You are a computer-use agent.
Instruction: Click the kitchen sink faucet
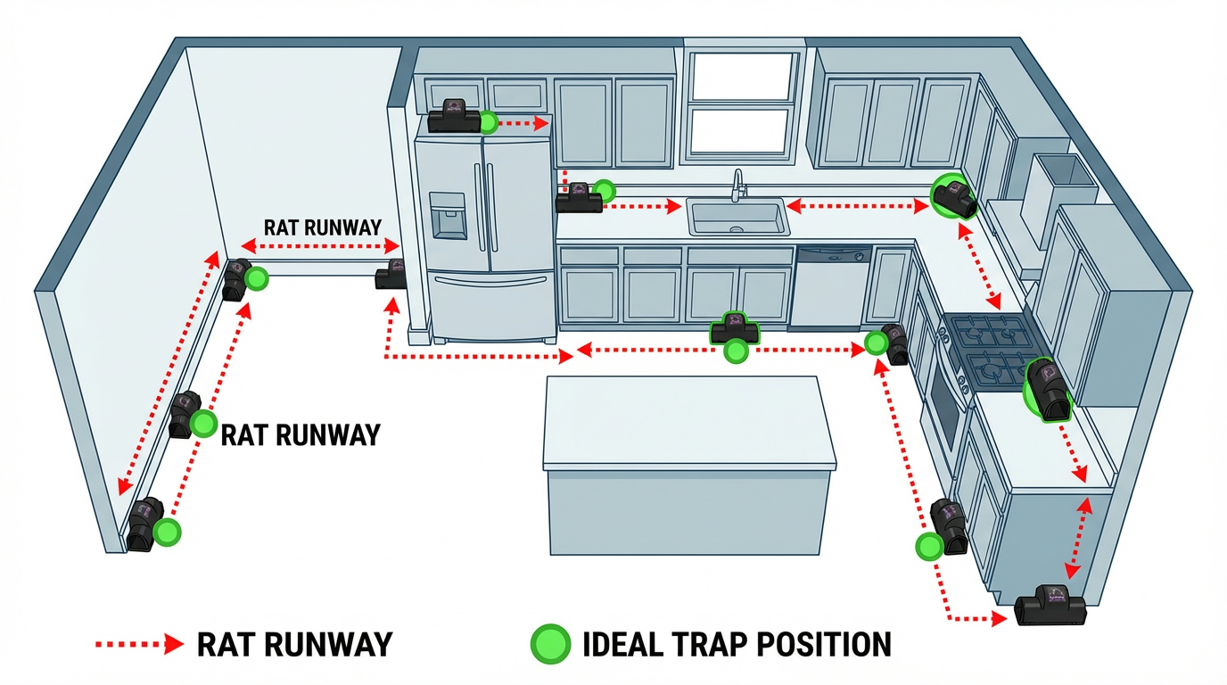coord(737,186)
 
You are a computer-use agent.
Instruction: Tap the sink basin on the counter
coord(737,217)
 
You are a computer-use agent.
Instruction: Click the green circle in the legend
coord(550,643)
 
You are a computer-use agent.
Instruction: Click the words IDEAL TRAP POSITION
coord(736,644)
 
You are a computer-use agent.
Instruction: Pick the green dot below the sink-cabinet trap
coord(736,351)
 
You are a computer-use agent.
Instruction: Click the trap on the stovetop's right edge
coord(1047,390)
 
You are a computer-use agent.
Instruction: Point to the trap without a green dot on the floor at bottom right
coord(1052,606)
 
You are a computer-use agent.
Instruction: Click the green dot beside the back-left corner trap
coord(258,279)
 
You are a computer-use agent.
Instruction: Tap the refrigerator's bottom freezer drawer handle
coord(489,282)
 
